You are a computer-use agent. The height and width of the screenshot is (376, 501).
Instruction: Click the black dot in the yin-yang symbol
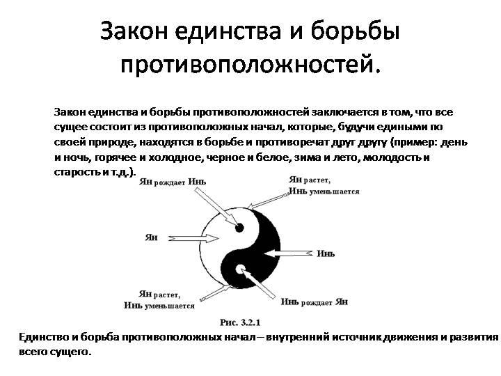(239, 227)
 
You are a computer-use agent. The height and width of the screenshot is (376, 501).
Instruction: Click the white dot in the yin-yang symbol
(241, 269)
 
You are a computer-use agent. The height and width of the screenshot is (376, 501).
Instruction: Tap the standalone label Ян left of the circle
(151, 237)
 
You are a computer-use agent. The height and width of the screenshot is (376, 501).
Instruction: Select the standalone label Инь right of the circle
(326, 253)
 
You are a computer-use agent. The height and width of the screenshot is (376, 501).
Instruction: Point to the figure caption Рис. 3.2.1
(239, 322)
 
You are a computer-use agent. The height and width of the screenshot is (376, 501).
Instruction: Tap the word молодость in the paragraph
(395, 157)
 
